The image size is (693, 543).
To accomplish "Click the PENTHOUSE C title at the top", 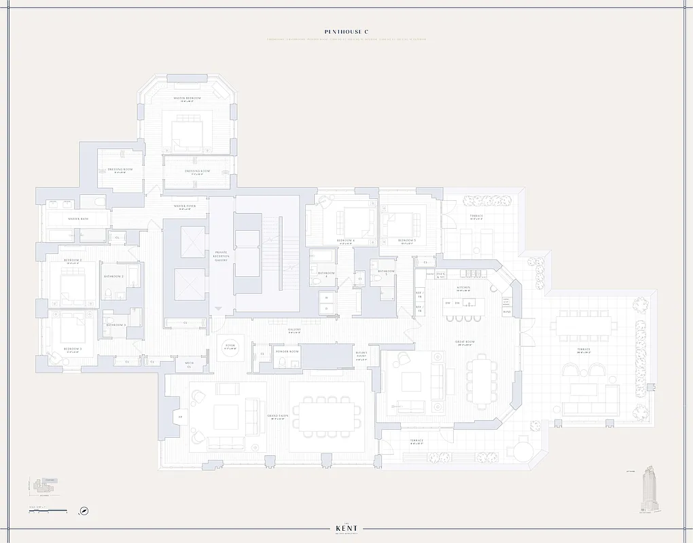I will click(346, 31).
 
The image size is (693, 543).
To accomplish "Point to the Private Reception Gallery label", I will click(221, 255).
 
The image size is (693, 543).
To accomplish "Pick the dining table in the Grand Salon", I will click(328, 413).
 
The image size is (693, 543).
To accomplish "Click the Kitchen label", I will click(463, 287).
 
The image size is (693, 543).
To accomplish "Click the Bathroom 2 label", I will click(112, 277).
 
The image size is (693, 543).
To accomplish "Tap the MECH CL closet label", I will click(190, 365).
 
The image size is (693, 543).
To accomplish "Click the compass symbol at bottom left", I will click(84, 511).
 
